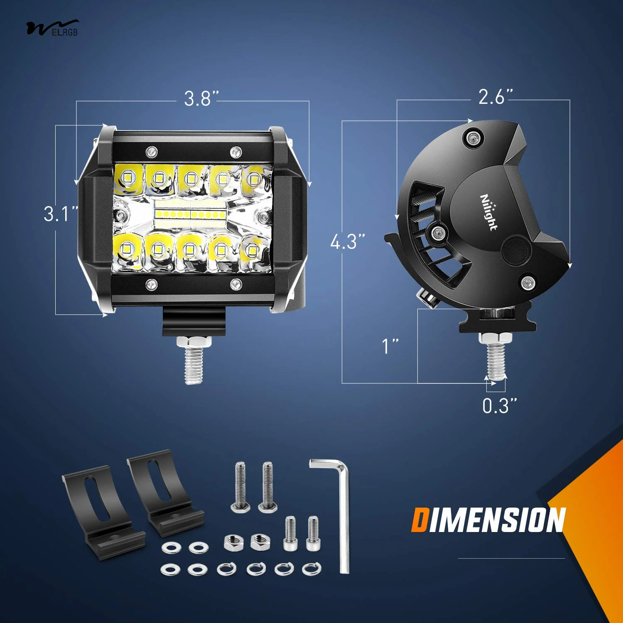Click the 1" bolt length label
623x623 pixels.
390,346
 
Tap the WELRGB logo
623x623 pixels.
52,28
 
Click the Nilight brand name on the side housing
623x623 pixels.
489,212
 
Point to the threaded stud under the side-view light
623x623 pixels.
495,357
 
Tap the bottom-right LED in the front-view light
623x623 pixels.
252,250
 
